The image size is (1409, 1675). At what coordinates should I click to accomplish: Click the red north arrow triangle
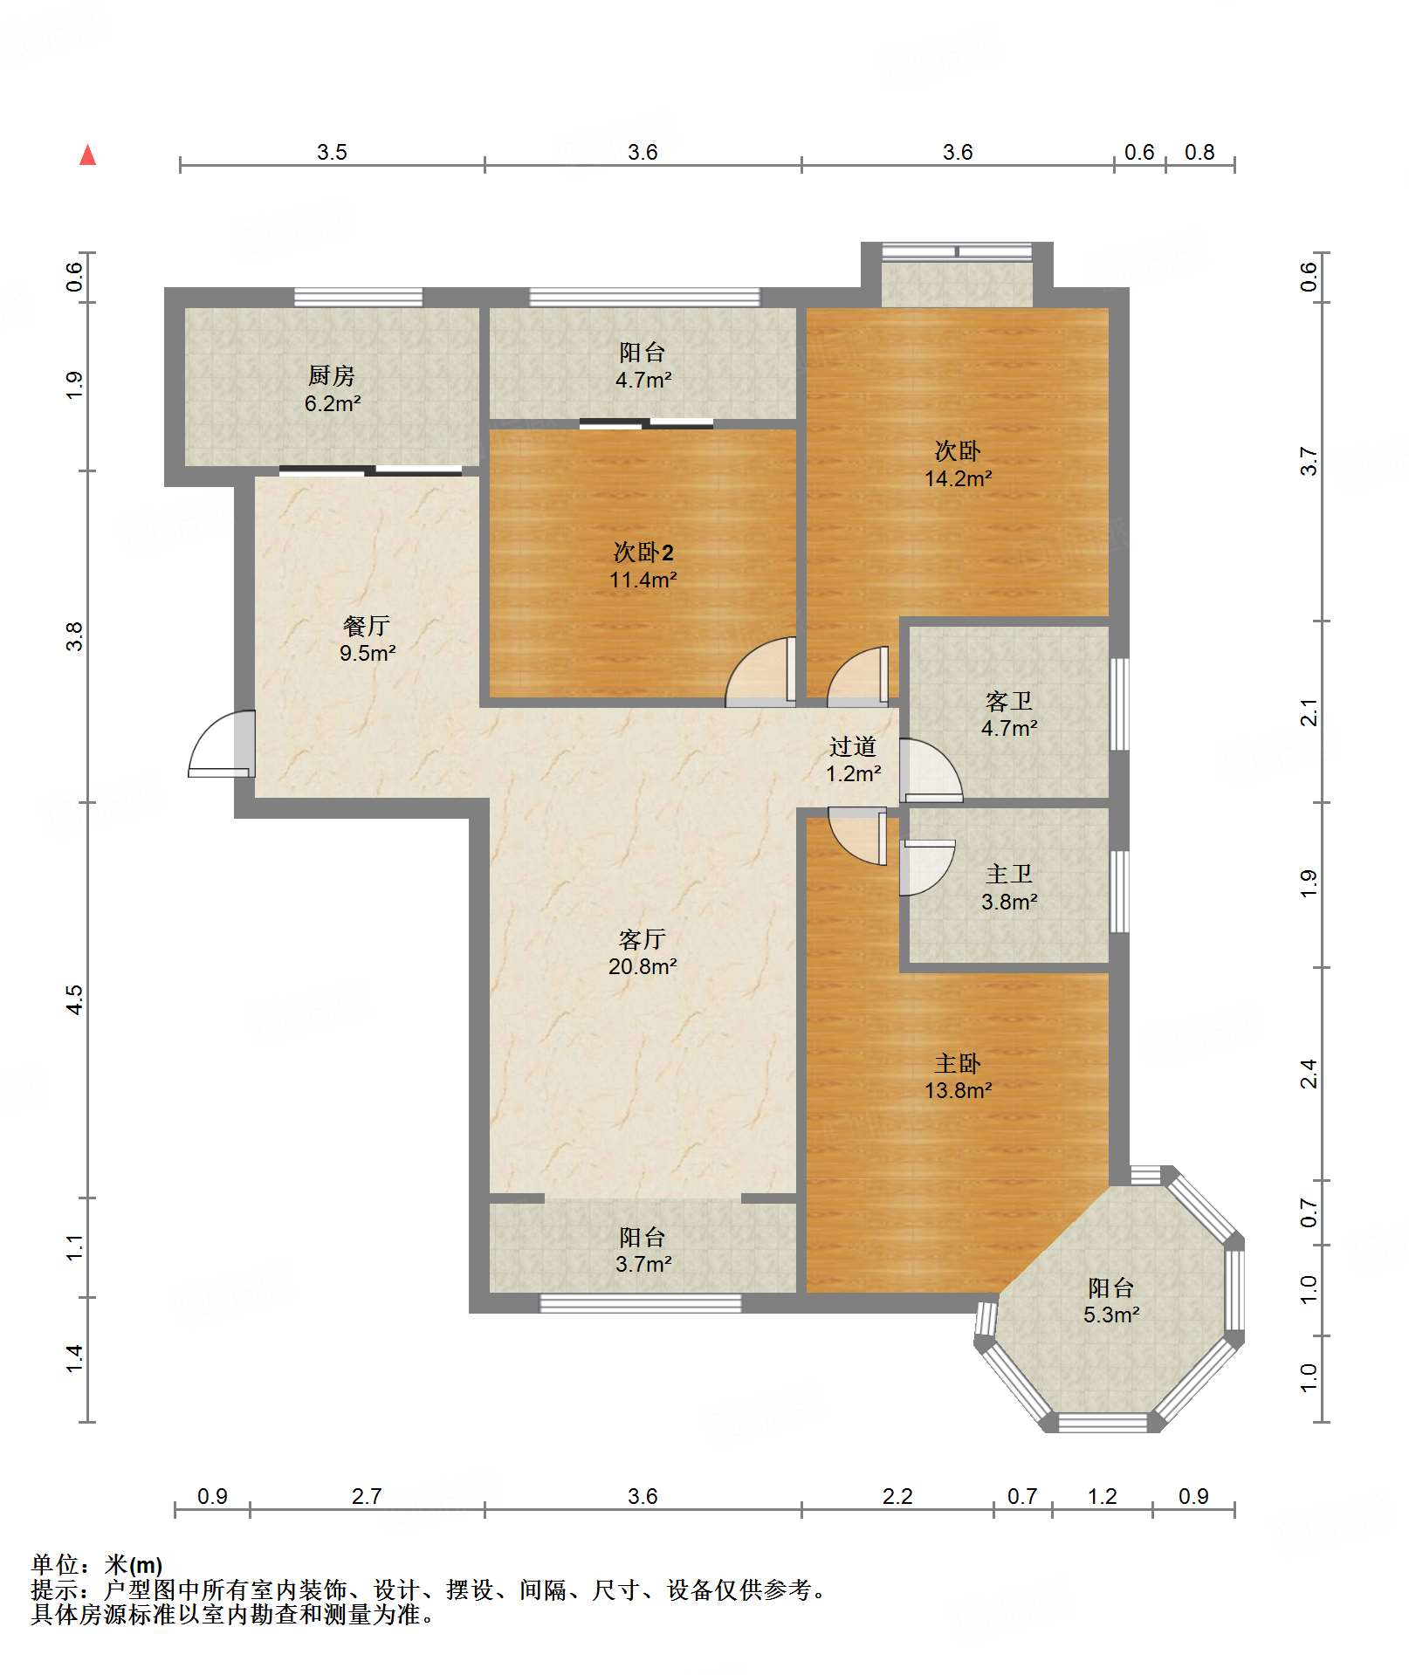click(88, 155)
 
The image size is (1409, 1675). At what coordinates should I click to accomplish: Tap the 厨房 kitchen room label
click(332, 376)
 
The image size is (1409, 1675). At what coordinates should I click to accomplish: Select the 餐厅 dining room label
click(367, 626)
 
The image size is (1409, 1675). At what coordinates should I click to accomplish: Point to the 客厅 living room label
click(643, 939)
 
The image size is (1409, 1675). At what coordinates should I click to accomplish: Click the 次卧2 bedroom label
click(643, 552)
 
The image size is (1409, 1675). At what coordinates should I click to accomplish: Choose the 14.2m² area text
click(958, 478)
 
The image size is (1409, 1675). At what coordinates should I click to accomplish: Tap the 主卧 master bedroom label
click(958, 1063)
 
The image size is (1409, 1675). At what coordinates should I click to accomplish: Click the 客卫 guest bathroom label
click(1009, 701)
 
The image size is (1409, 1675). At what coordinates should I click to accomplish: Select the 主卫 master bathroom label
click(1009, 874)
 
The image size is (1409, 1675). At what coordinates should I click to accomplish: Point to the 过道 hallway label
click(853, 746)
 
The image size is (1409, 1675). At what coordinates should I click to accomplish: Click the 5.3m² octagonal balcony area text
click(1111, 1315)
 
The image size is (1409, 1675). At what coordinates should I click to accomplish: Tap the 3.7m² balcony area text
click(643, 1264)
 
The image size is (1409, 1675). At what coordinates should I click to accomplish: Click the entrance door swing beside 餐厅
click(221, 744)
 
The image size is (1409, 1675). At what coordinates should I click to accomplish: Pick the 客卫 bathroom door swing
click(931, 771)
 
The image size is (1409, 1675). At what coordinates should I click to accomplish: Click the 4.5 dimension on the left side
click(75, 999)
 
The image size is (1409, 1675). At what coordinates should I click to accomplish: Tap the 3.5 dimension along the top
click(332, 153)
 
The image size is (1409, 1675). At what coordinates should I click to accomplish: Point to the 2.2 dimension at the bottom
click(897, 1497)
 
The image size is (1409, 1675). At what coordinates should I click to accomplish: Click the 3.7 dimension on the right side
click(1308, 461)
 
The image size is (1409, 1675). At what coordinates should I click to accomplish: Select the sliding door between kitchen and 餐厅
click(371, 471)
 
